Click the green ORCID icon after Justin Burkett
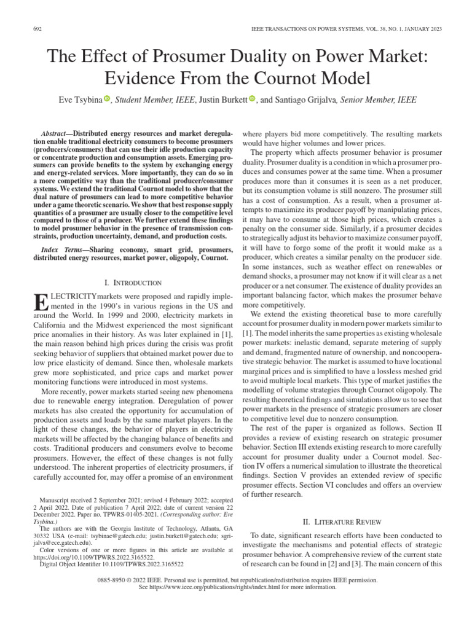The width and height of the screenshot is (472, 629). (252, 98)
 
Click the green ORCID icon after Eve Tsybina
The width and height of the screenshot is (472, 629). (106, 98)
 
